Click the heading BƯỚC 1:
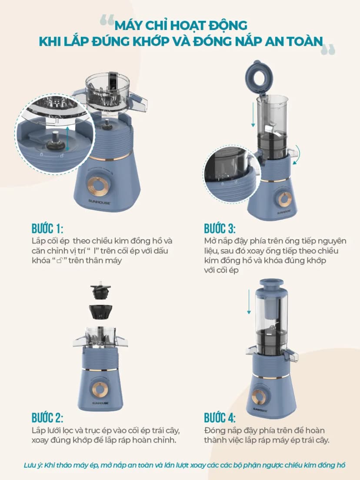pos(47,229)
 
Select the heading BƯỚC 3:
pos(220,229)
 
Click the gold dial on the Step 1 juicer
pos(98,186)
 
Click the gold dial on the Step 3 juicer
pos(285,200)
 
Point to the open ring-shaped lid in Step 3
pos(258,75)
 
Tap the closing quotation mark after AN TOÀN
pos(328,50)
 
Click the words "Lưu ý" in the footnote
pos(33,465)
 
